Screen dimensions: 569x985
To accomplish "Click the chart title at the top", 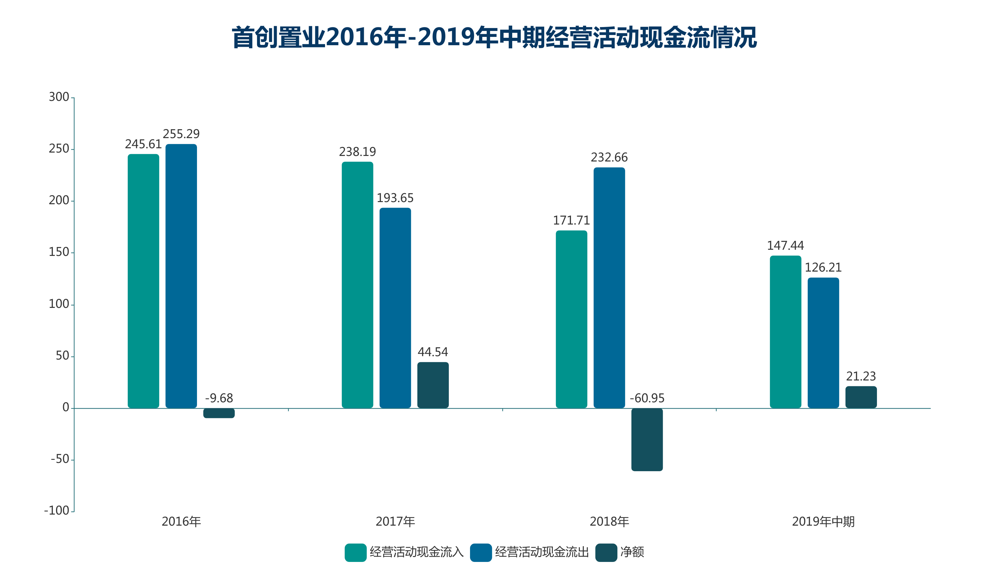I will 494,38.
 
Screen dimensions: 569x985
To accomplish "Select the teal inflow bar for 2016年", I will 143,281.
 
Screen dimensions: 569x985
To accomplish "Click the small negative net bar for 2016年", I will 219,413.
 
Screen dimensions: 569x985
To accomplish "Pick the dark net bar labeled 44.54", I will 433,385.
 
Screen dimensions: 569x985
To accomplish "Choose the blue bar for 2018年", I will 609,288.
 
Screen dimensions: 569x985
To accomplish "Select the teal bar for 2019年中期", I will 785,332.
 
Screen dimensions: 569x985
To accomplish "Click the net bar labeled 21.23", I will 861,397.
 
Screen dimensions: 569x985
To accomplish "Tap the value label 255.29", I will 181,134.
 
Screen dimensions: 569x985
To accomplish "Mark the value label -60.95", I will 647,398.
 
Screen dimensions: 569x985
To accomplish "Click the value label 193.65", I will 395,198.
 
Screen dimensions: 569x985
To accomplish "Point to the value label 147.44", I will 785,246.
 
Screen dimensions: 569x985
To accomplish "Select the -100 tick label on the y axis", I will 57,511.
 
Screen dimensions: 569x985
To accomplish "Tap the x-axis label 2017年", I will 395,521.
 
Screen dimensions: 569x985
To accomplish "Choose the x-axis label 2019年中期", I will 823,521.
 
